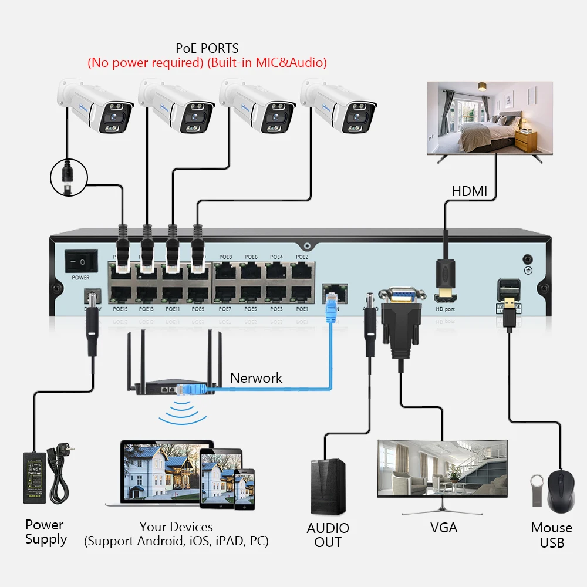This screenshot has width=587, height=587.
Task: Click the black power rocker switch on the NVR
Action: (81, 259)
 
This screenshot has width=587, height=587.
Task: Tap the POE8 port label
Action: (225, 257)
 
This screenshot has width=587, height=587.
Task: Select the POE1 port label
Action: (302, 309)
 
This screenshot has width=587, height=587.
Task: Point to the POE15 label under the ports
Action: (120, 309)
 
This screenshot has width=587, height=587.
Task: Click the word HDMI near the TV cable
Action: (469, 191)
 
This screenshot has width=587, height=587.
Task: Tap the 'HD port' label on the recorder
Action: (444, 309)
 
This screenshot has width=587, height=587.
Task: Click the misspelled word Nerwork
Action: (256, 378)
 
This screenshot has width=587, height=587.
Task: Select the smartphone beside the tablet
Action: (245, 487)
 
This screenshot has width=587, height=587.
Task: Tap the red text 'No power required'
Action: (146, 62)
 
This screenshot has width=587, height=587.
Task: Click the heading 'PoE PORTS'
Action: (207, 48)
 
